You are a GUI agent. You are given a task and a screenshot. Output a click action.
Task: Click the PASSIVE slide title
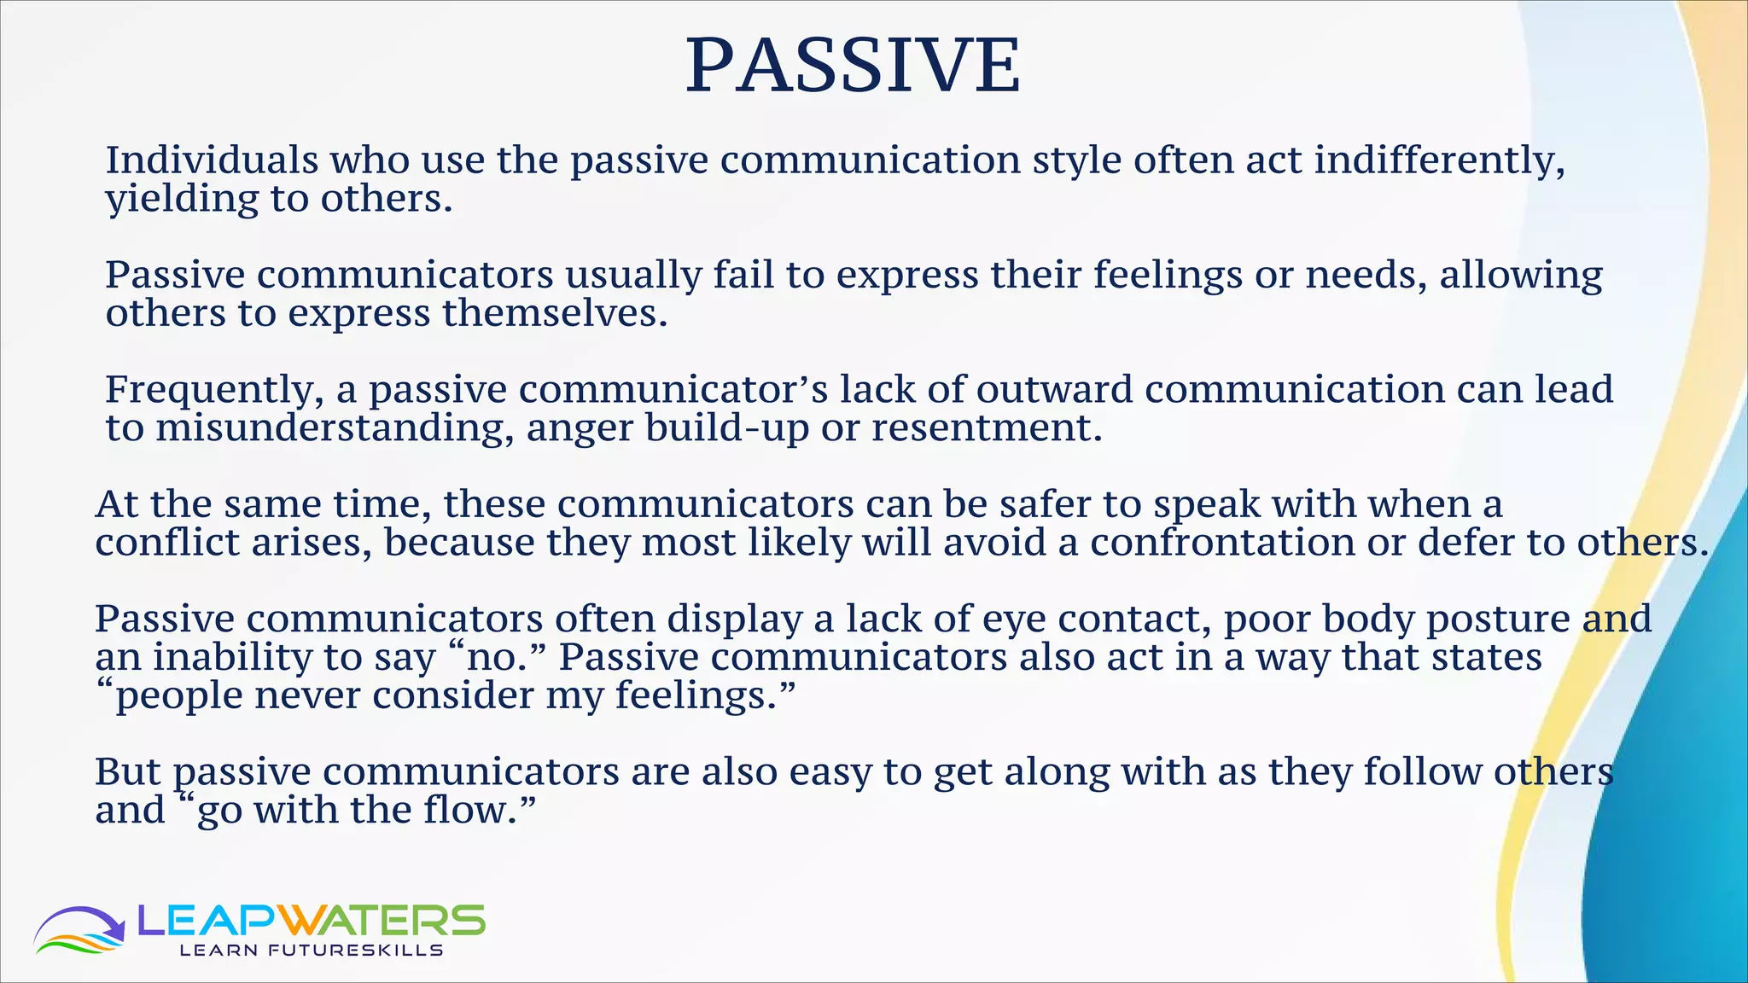[853, 66]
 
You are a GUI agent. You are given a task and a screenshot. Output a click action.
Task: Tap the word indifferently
[1439, 162]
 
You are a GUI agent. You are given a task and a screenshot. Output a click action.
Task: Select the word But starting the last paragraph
[127, 771]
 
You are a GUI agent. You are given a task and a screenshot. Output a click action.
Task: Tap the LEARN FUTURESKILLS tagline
[311, 951]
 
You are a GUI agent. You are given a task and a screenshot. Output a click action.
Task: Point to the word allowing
[1521, 276]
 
